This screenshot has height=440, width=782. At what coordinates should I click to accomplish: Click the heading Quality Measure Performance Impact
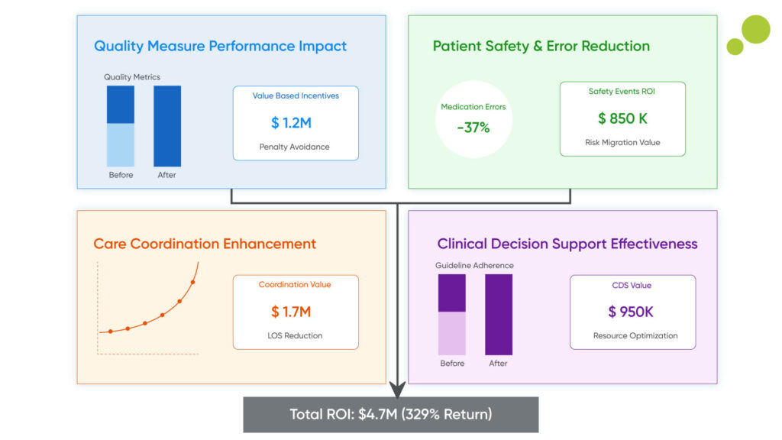tap(220, 46)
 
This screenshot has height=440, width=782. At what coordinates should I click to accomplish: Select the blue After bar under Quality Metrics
tap(167, 126)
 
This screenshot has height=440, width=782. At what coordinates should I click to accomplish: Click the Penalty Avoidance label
tap(295, 147)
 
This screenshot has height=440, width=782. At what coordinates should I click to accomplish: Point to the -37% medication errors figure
tap(473, 128)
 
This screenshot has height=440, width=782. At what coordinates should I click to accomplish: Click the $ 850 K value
tap(622, 118)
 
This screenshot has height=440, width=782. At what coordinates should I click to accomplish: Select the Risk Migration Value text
tap(622, 143)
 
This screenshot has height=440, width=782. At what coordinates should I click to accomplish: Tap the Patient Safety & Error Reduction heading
tap(541, 46)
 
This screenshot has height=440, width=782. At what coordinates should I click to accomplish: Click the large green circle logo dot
tap(755, 29)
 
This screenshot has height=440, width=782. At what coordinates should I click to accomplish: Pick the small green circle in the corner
tap(735, 47)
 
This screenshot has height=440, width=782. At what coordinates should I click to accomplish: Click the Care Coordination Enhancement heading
tap(205, 244)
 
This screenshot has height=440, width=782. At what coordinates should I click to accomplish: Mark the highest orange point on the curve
tap(192, 282)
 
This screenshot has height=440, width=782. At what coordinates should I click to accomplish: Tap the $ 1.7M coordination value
tap(291, 312)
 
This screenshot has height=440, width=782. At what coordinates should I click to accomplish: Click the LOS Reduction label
tap(295, 335)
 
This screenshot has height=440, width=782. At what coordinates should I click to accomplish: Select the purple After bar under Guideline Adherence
tap(499, 315)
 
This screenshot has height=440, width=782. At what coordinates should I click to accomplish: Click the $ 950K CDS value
tap(631, 312)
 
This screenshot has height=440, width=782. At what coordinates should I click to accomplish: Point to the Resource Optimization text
tap(635, 335)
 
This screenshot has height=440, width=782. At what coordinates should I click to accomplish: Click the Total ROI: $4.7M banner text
tap(390, 414)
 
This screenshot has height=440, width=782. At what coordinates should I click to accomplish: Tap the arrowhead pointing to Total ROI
tap(398, 390)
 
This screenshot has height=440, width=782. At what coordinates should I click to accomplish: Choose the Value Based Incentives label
tap(296, 96)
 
